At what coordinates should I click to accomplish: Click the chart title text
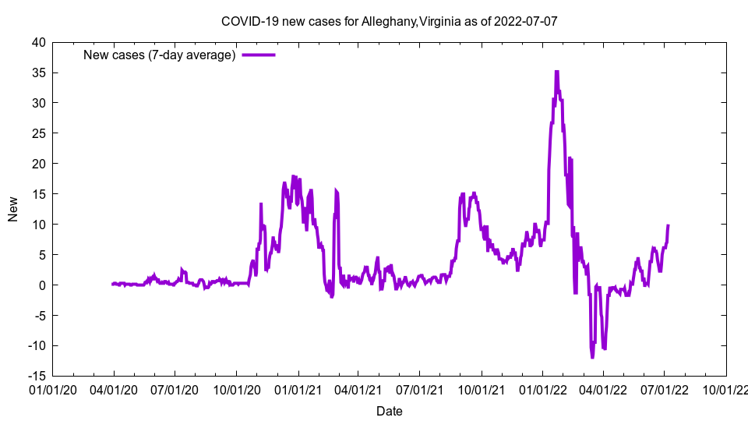click(389, 21)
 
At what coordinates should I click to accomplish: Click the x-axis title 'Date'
click(389, 411)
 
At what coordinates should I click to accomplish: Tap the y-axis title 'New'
click(13, 209)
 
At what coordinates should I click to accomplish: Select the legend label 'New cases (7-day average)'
click(160, 55)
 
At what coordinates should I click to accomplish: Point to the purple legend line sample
click(259, 55)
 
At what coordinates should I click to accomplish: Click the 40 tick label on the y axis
click(38, 42)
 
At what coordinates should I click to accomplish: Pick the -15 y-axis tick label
click(36, 376)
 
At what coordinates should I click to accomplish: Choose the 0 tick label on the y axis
click(42, 285)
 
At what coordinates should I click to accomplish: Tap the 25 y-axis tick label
click(38, 133)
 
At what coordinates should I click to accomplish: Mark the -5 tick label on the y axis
click(39, 316)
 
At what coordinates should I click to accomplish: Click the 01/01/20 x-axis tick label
click(53, 389)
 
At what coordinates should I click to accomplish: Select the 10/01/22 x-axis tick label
click(725, 389)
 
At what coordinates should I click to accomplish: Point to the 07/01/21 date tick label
click(420, 389)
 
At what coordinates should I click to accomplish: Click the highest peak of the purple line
click(556, 72)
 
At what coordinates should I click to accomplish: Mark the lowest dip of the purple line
click(592, 357)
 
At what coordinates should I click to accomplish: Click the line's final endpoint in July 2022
click(668, 225)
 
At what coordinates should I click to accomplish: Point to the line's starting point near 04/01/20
click(113, 284)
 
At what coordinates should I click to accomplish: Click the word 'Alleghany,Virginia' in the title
click(410, 21)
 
